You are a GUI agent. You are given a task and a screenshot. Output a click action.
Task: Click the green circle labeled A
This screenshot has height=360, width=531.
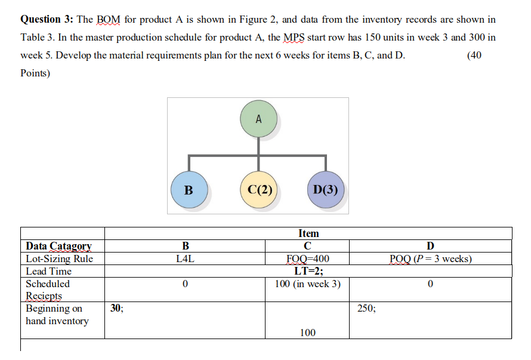pos(258,119)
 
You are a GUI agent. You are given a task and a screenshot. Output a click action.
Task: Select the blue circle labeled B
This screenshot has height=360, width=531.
pos(189,190)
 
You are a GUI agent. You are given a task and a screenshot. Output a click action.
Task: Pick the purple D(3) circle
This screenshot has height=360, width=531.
pos(325,190)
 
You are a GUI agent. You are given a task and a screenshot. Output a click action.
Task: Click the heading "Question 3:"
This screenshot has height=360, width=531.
pos(47,19)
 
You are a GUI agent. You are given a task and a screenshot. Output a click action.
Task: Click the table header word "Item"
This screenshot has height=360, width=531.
pos(308,233)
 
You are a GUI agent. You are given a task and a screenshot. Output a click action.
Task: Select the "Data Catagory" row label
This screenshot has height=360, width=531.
pos(58,246)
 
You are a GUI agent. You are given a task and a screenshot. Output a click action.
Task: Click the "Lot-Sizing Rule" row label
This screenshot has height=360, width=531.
pos(59,259)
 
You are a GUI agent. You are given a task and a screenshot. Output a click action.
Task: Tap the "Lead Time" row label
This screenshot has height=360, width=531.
pos(48,271)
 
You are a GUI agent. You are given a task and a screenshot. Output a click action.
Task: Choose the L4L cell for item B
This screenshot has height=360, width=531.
pos(185,259)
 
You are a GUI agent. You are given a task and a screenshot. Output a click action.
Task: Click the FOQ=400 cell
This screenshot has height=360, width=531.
pos(308,259)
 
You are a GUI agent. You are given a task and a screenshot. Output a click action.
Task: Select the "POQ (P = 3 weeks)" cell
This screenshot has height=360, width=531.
pos(430,259)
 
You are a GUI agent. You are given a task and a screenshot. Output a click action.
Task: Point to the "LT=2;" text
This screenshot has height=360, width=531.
pos(308,271)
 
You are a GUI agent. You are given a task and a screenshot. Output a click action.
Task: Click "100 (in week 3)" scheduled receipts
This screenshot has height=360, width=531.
pos(308,284)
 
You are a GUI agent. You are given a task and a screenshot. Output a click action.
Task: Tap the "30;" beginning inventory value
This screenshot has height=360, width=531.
pos(117,308)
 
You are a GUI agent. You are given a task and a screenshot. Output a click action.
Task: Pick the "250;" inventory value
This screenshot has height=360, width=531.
pos(367,308)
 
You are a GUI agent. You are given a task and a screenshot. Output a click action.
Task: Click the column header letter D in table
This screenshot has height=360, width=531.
pos(430,246)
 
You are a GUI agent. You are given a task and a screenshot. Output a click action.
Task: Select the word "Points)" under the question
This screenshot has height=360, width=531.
pos(35,73)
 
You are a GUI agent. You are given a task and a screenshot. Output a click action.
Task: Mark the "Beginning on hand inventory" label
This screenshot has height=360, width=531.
pos(57,315)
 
